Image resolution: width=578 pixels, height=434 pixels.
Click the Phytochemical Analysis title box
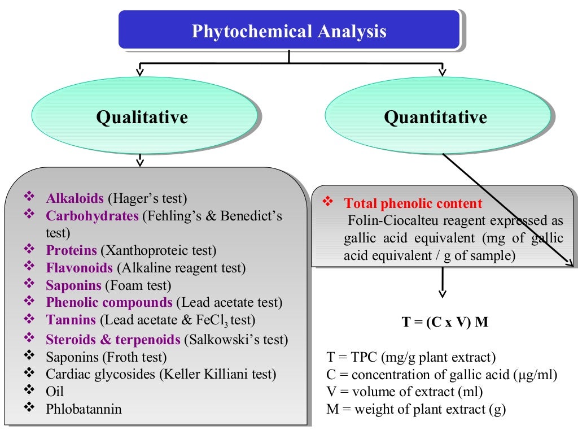[x=289, y=31]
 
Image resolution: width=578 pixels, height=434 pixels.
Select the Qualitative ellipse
[x=142, y=118]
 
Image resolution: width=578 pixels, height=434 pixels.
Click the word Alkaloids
[x=75, y=198]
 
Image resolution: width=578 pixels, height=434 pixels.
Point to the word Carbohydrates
[x=92, y=216]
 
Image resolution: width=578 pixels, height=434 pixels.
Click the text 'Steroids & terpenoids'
[x=113, y=340]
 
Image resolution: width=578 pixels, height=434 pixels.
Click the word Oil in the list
[x=55, y=392]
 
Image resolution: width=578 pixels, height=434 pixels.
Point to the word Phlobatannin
[x=84, y=409]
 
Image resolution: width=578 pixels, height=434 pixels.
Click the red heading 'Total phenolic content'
[x=413, y=203]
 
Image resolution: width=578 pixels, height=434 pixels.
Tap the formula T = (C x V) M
[x=445, y=322]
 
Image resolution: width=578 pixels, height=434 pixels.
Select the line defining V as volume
[x=405, y=391]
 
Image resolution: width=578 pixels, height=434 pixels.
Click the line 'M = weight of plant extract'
[x=416, y=409]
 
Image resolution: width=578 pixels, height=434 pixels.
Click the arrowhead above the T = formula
[x=443, y=293]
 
